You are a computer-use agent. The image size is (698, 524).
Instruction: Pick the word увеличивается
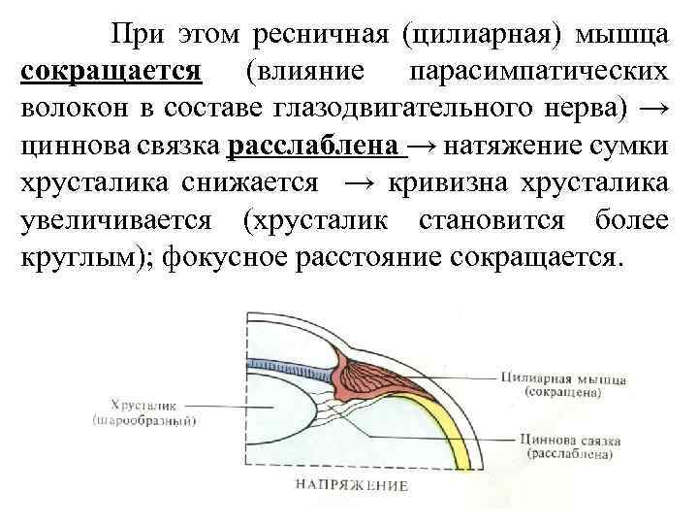[x=116, y=220]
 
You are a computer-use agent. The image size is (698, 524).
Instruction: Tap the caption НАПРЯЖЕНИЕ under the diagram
[x=351, y=484]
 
